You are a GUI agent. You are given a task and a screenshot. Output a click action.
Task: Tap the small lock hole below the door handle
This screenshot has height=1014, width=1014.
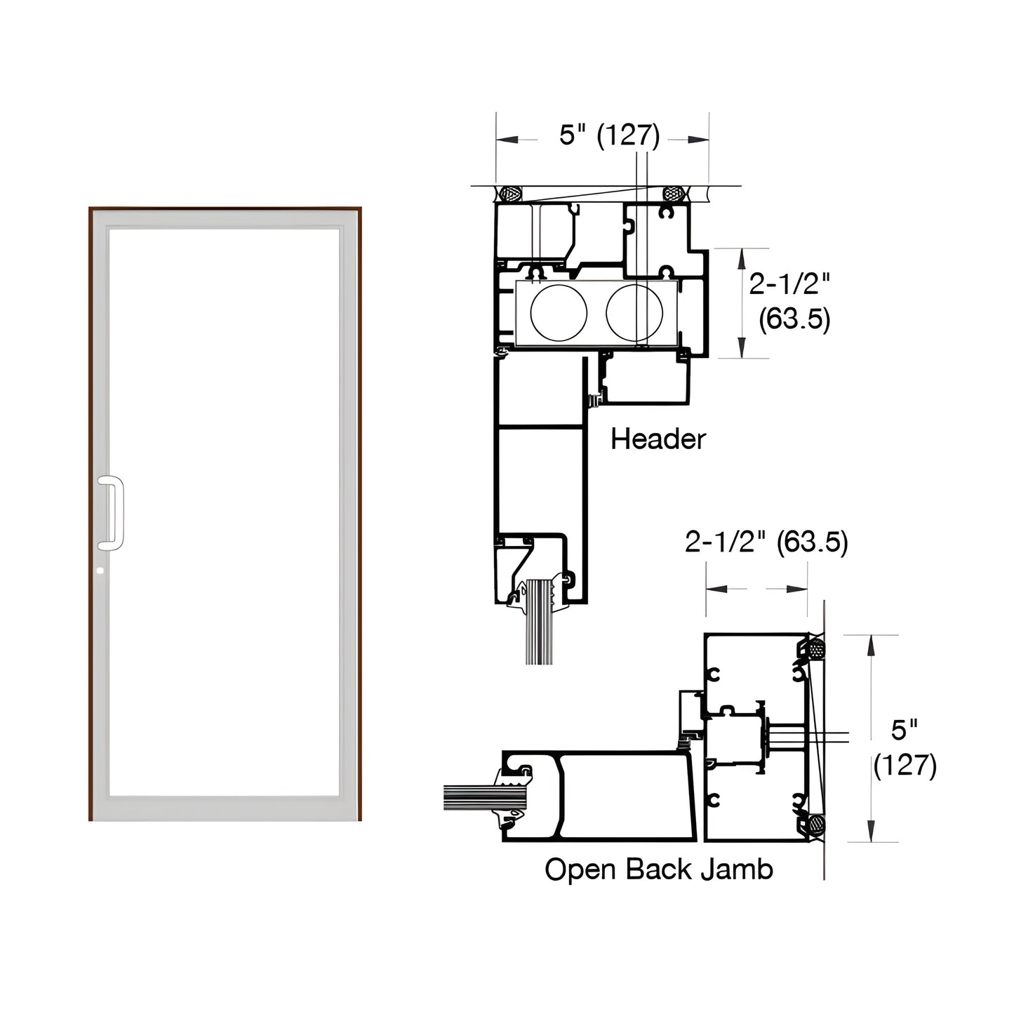point(100,572)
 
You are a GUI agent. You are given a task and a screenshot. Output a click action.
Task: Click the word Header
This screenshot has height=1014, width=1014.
point(658,439)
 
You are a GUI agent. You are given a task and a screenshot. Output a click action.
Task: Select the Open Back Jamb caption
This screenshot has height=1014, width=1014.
point(658,869)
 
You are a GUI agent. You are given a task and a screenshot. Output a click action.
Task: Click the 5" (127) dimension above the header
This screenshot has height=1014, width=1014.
point(609,135)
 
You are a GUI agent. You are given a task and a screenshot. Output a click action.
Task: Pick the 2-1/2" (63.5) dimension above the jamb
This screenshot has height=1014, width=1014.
point(766,542)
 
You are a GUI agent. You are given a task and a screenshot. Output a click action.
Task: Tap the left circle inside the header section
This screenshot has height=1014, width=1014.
point(559,313)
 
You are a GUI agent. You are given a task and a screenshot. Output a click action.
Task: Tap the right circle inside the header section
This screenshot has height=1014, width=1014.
point(634,313)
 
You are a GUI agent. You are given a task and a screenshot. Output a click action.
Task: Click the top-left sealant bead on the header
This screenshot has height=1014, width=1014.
point(509,193)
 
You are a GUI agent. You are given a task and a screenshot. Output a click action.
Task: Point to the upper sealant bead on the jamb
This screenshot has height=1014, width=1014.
point(815,649)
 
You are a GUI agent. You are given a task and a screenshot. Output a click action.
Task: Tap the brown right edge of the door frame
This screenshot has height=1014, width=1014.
point(359,512)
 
